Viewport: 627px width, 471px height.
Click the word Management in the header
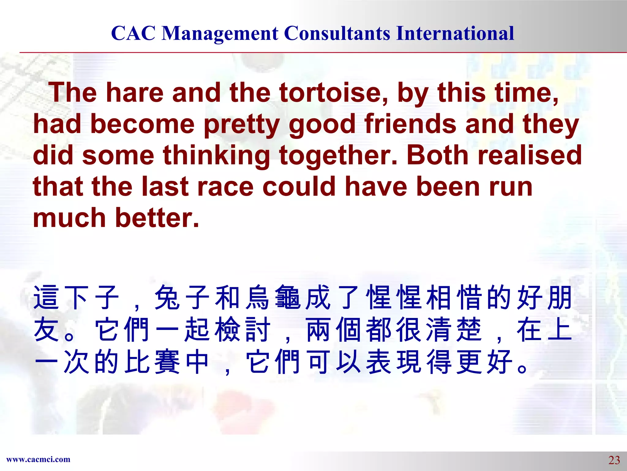220,33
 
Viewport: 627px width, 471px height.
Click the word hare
135,93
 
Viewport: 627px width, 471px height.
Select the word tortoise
333,93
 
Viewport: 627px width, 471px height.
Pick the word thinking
216,156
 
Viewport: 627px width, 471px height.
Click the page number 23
614,460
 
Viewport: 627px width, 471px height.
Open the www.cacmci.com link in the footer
38,459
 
